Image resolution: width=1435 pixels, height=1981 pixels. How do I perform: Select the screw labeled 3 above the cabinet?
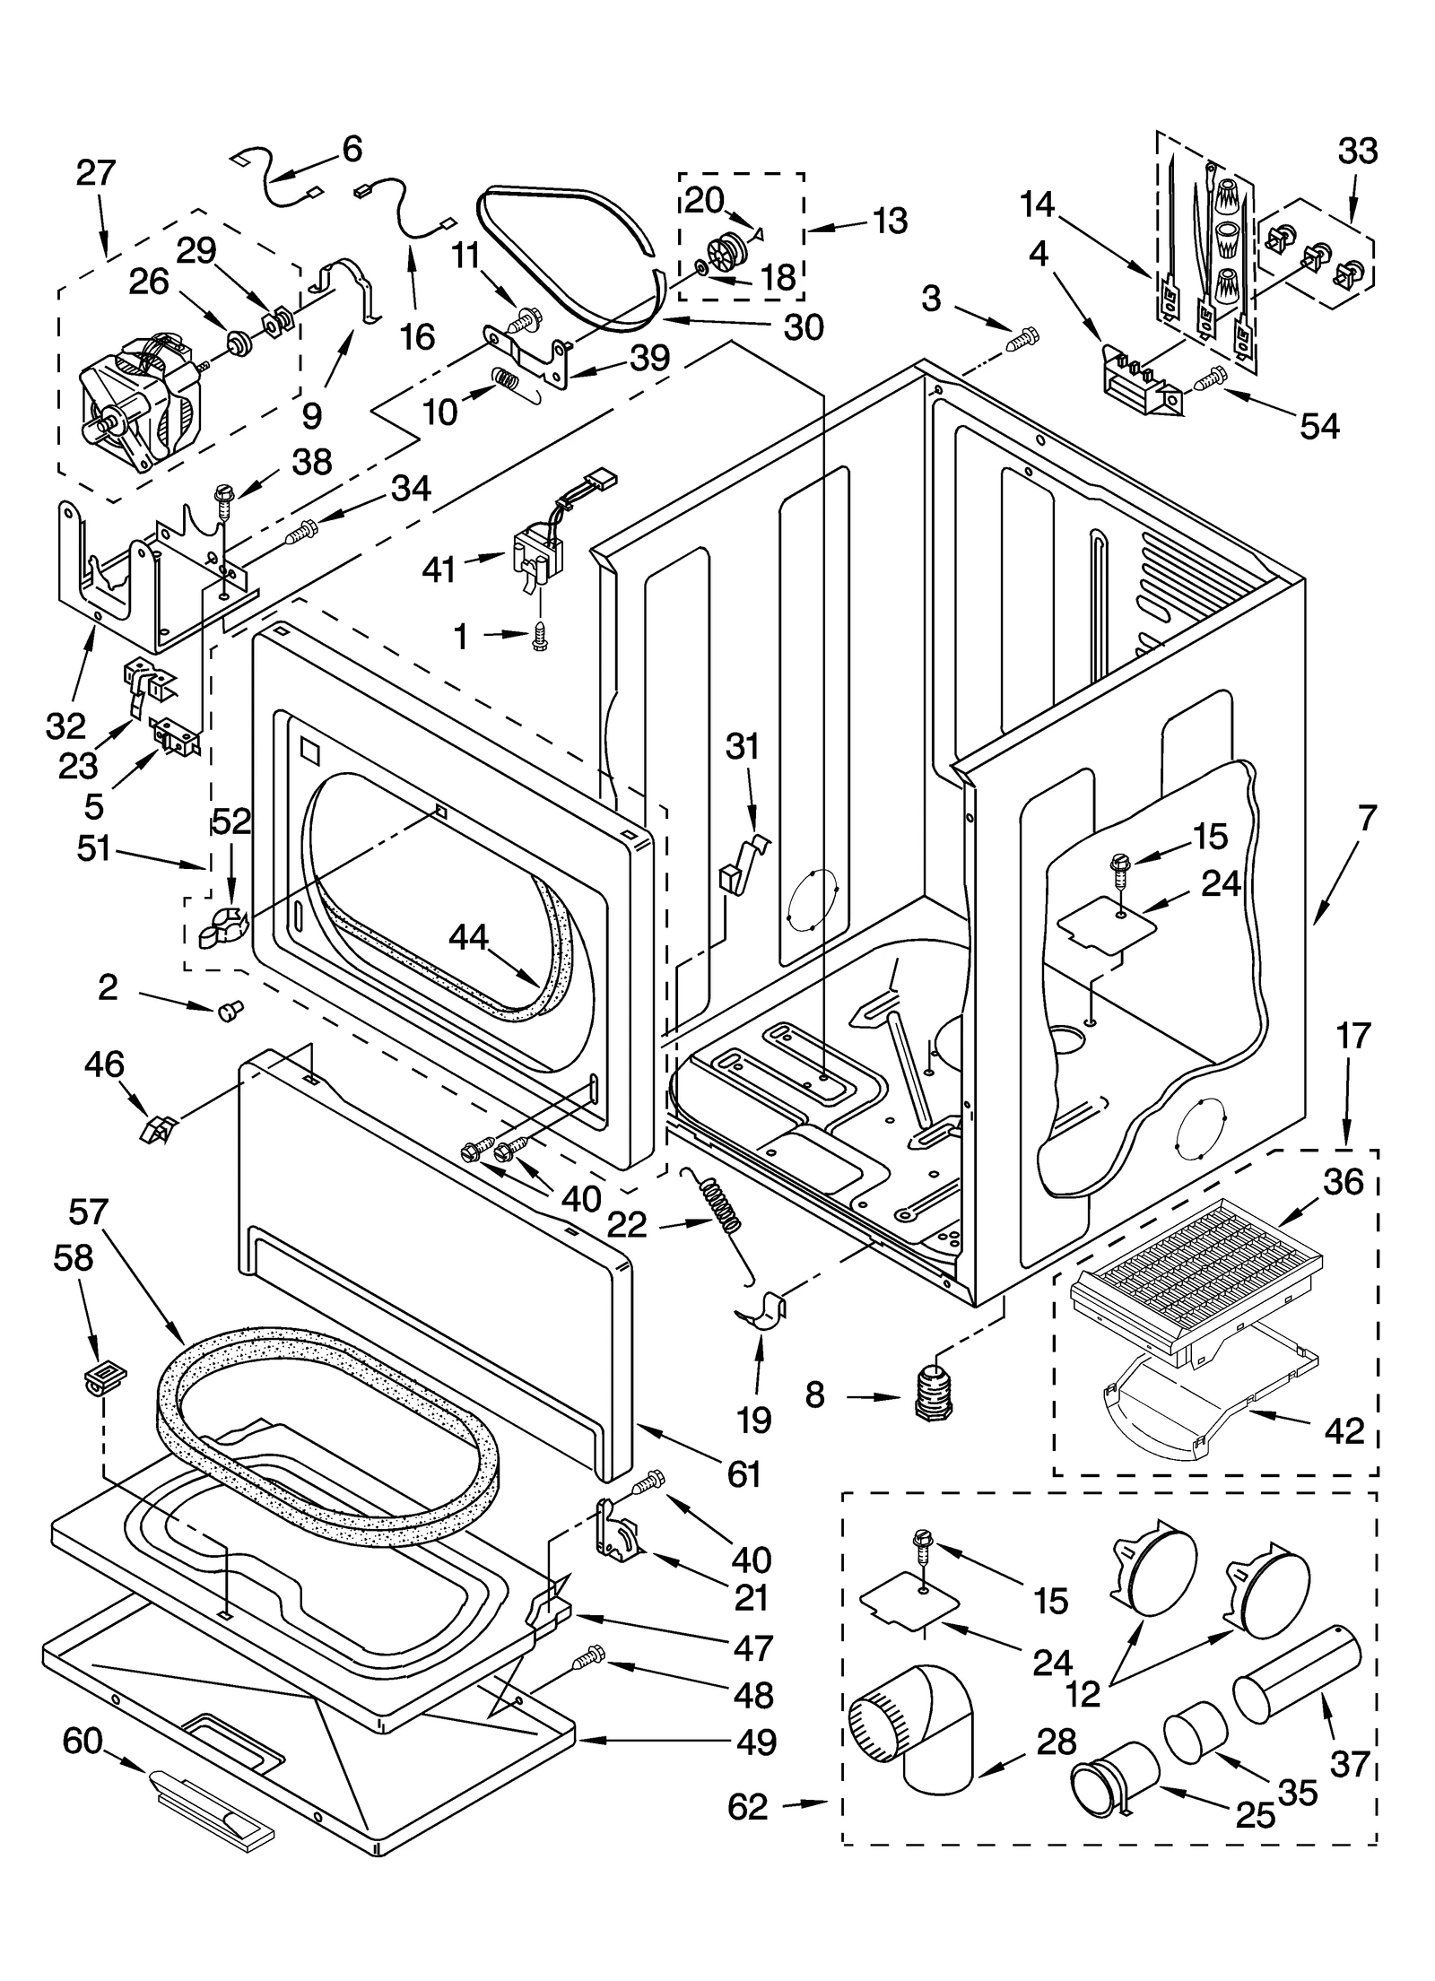point(1022,340)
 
